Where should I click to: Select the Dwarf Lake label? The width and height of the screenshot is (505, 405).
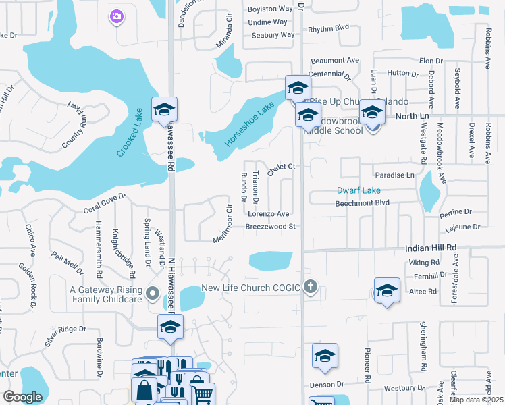point(359,190)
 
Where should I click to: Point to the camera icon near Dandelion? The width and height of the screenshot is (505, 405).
point(117,16)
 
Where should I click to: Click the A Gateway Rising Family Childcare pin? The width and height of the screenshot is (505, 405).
point(153,294)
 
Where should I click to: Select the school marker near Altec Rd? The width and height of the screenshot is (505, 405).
point(387,291)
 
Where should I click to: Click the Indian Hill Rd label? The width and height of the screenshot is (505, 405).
point(431,248)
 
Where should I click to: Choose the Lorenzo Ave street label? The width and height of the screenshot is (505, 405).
point(268,214)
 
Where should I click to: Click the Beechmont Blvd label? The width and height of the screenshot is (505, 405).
point(363,203)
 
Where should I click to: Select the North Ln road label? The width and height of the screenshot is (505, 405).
point(413,117)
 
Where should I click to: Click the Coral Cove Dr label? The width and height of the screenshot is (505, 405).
point(105,205)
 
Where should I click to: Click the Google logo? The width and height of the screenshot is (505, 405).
point(22,396)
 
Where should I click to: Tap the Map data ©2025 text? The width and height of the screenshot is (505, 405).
point(476,400)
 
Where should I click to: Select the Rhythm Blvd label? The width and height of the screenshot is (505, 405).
point(328,29)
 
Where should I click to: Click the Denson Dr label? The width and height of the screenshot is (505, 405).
point(327,385)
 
